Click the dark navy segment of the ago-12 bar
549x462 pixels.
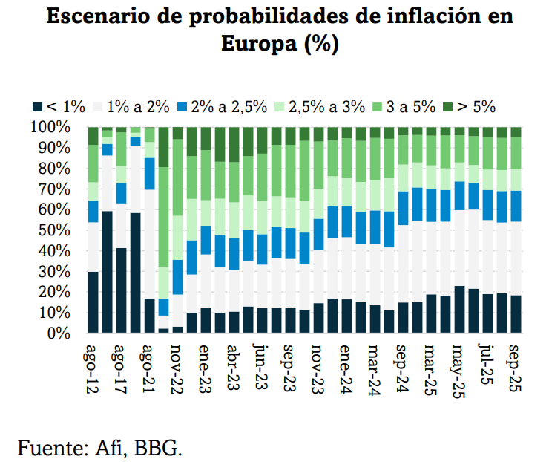(93, 302)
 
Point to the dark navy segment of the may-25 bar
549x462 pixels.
(459, 310)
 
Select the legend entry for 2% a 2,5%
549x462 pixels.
(220, 106)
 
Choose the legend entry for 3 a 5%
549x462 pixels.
(404, 106)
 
